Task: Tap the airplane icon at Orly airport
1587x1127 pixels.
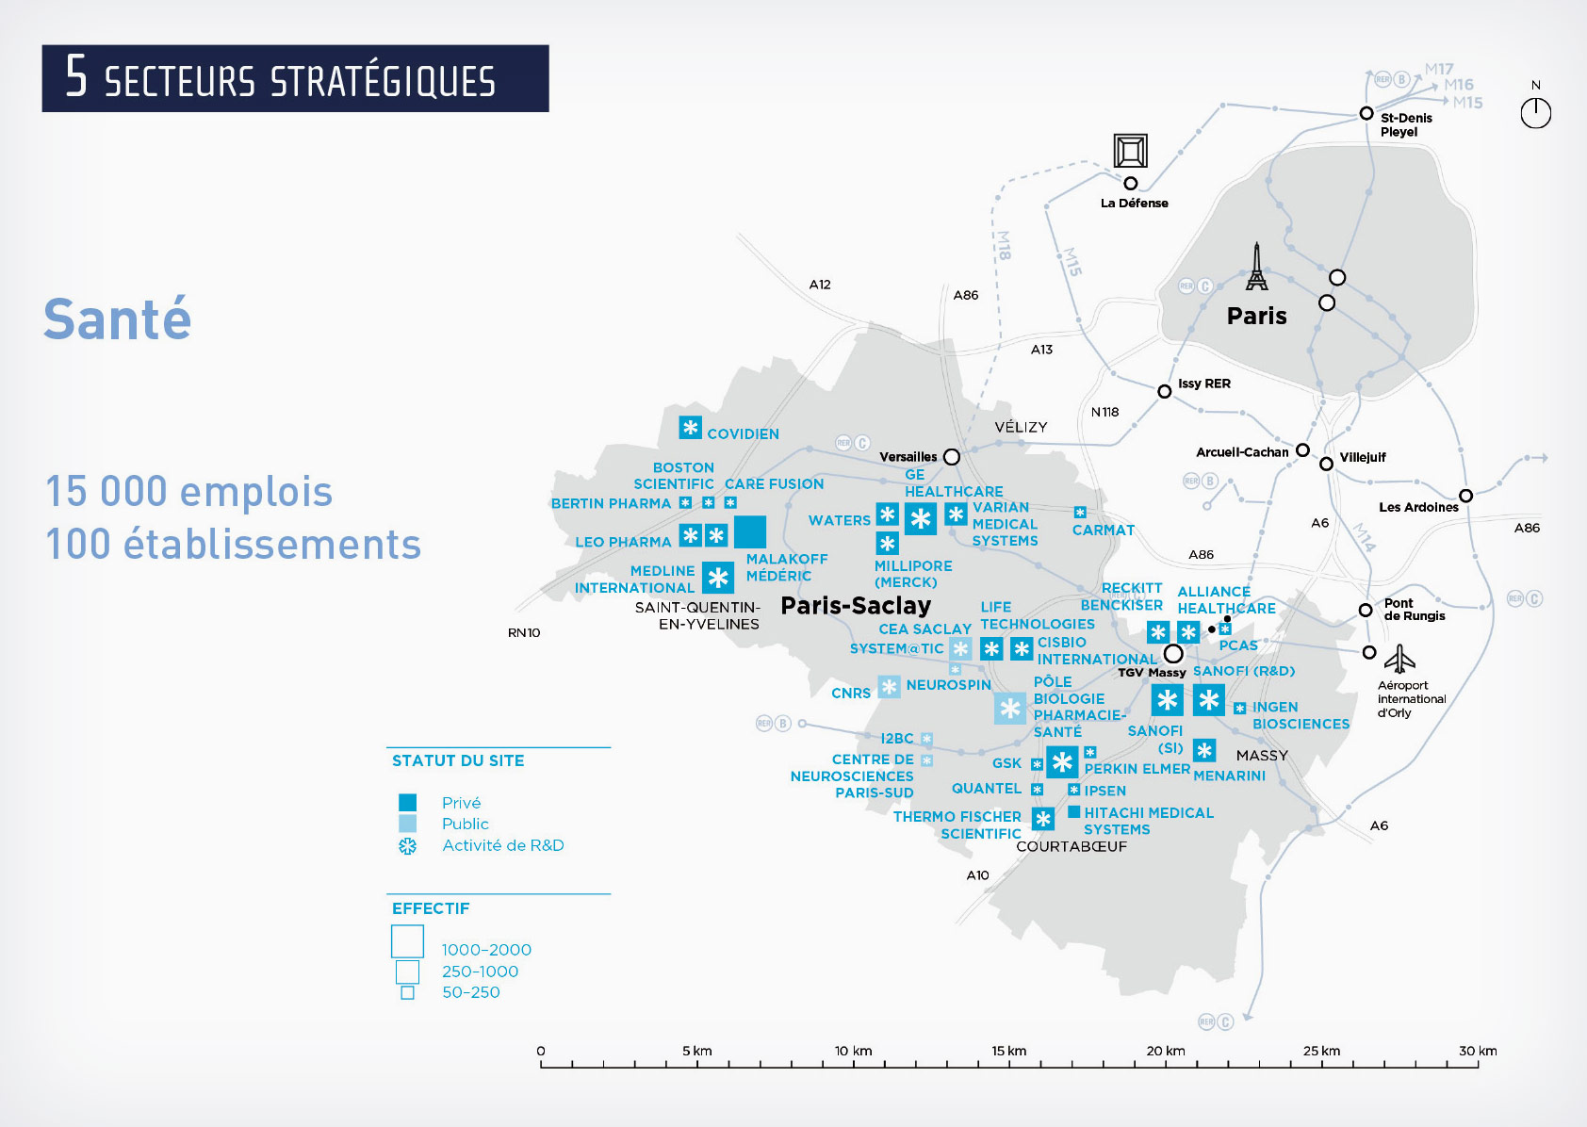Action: coord(1400,658)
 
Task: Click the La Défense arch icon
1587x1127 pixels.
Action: coord(1130,151)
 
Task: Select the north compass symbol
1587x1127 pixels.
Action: coord(1535,113)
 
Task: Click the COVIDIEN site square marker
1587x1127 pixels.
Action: coord(691,428)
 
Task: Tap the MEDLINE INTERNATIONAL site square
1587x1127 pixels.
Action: coord(718,578)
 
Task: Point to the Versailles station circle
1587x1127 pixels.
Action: coord(952,457)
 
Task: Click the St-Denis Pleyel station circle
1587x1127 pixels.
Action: coord(1366,113)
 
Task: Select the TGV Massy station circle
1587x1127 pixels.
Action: coord(1173,653)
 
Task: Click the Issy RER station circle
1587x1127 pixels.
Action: coord(1165,391)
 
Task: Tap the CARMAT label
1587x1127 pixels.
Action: coord(1103,531)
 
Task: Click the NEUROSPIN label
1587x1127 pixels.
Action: coord(948,685)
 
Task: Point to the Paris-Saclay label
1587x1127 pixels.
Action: coord(856,606)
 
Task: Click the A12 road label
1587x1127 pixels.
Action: coord(820,285)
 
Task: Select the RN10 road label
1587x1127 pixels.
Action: coord(524,632)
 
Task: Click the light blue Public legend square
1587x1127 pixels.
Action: coord(407,824)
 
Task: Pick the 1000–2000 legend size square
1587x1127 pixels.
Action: coord(408,941)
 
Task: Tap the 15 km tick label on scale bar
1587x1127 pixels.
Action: coord(1008,1051)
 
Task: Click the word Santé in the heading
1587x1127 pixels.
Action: coord(118,319)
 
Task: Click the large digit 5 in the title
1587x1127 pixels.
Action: coord(76,77)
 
